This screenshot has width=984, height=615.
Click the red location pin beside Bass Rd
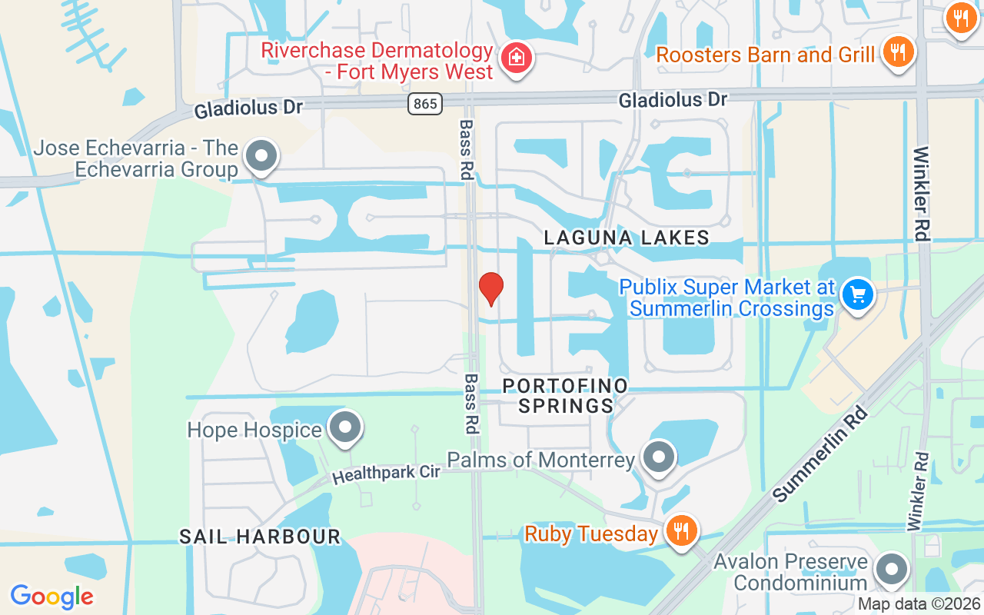pos(490,288)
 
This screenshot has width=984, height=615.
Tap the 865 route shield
pos(424,103)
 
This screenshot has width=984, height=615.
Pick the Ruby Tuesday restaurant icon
pos(680,531)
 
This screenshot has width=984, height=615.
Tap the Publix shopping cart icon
pos(857,294)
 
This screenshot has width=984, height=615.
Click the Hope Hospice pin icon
pos(344,428)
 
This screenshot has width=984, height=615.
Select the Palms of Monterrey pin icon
pos(658,458)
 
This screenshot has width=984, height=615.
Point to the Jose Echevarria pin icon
pos(261,156)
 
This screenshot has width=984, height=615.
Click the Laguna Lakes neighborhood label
pos(627,238)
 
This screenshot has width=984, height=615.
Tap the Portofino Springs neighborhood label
pos(566,395)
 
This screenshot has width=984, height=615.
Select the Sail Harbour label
pos(260,536)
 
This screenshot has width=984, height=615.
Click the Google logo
pos(52,596)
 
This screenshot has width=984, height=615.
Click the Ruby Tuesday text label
pos(591,534)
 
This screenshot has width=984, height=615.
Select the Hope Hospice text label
pos(254,430)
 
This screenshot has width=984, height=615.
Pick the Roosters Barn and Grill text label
pos(766,55)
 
